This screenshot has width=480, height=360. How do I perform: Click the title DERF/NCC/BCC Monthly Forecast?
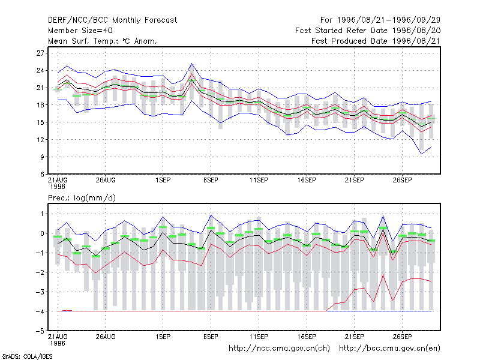click(112, 20)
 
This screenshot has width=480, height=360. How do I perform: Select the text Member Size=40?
click(80, 31)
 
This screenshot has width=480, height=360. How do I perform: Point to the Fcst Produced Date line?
click(376, 41)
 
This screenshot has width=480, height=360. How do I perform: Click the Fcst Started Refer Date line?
click(368, 31)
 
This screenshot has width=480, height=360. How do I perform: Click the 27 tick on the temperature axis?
click(40, 53)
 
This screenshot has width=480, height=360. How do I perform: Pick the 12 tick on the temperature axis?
click(40, 140)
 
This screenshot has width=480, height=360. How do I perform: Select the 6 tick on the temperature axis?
click(42, 175)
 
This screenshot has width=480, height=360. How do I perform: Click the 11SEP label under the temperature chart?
click(259, 181)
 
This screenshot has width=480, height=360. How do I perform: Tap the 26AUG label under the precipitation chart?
click(106, 337)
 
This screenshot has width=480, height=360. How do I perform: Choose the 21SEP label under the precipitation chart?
click(354, 337)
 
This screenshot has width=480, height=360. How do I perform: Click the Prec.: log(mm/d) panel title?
click(82, 198)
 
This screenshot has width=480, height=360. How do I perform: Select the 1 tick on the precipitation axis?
click(42, 214)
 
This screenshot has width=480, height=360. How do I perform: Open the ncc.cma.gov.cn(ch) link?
click(279, 349)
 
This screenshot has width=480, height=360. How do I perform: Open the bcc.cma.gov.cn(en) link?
click(389, 349)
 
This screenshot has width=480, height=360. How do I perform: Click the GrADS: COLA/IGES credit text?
click(27, 356)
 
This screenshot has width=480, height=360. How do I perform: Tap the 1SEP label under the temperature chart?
click(163, 181)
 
